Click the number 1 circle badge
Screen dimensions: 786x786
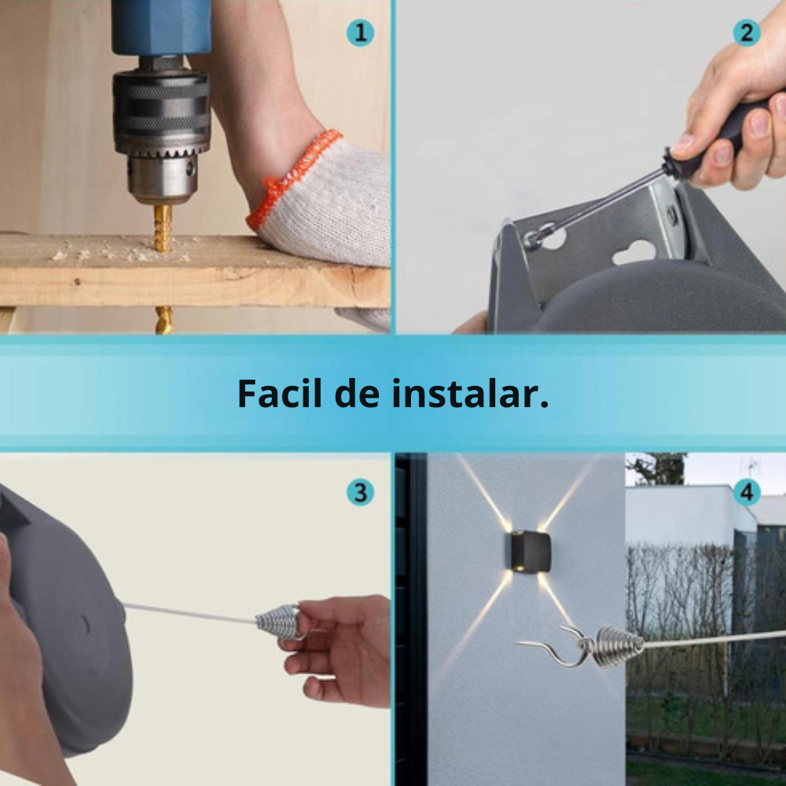(360, 33)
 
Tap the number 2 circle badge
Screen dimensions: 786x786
(747, 33)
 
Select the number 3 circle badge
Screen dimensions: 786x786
(360, 492)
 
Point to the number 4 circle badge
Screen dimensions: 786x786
(747, 492)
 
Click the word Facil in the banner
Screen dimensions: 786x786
(279, 394)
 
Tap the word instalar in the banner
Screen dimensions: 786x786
(470, 394)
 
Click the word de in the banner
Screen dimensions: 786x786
(356, 394)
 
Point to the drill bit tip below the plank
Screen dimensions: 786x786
(163, 321)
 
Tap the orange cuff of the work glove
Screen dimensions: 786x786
(293, 175)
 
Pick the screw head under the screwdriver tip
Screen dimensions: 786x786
(532, 241)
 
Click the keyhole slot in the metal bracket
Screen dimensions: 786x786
(634, 252)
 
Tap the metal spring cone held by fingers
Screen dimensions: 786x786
(277, 622)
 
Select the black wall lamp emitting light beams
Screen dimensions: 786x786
(531, 552)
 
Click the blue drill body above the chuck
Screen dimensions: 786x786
(161, 28)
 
